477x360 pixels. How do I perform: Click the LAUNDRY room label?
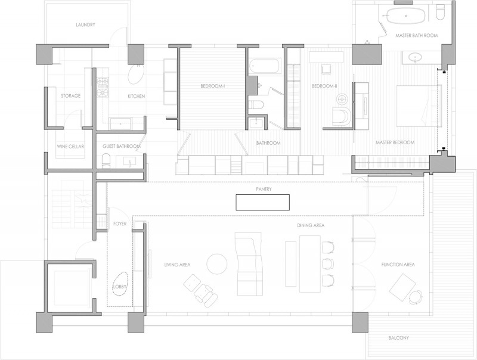pyautogui.click(x=85, y=25)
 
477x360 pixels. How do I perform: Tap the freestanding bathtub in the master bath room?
pyautogui.click(x=405, y=15)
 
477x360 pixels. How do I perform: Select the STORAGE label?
pyautogui.click(x=70, y=96)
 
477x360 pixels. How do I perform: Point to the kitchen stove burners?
pyautogui.click(x=103, y=87)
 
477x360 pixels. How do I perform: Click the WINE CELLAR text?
pyautogui.click(x=70, y=147)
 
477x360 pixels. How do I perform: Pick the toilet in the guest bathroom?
pyautogui.click(x=106, y=161)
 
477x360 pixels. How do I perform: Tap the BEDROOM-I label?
pyautogui.click(x=212, y=86)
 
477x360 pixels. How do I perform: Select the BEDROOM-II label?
pyautogui.click(x=324, y=86)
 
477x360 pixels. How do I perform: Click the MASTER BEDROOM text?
pyautogui.click(x=395, y=142)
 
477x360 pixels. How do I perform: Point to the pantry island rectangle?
pyautogui.click(x=262, y=202)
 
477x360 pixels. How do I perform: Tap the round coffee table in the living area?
pyautogui.click(x=216, y=264)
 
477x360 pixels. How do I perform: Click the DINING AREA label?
pyautogui.click(x=311, y=226)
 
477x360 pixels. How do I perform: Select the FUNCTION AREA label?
pyautogui.click(x=398, y=265)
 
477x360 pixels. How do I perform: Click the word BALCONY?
pyautogui.click(x=398, y=338)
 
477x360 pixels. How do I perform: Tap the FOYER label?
pyautogui.click(x=120, y=224)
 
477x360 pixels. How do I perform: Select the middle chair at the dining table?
pyautogui.click(x=327, y=263)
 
